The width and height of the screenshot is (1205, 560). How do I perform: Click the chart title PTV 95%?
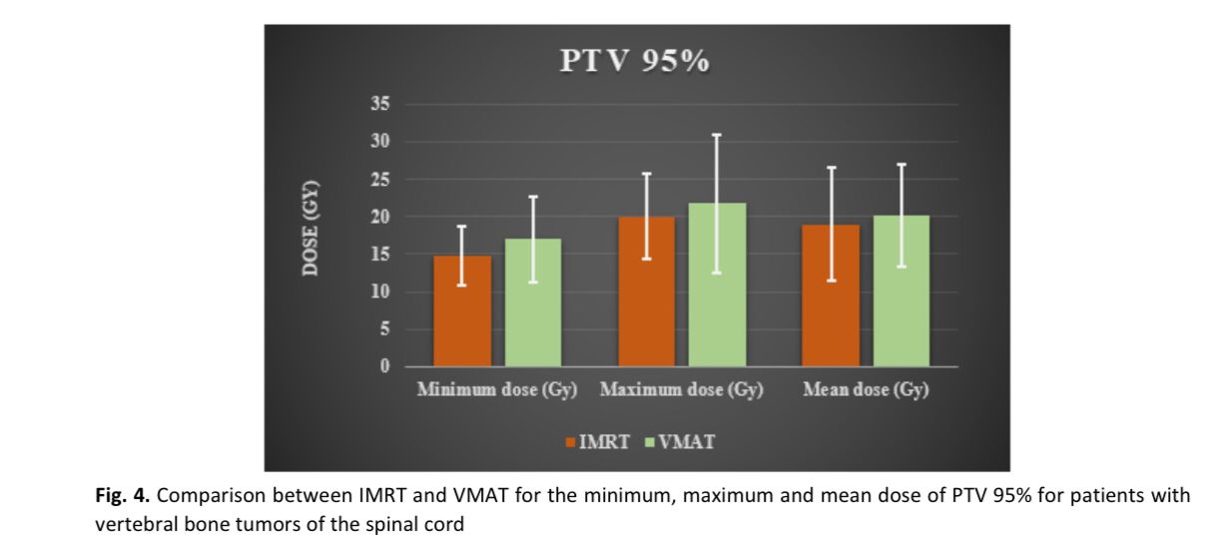(x=635, y=62)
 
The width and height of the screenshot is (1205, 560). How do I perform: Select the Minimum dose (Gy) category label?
(x=497, y=390)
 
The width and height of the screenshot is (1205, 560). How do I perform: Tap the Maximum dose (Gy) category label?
(x=682, y=390)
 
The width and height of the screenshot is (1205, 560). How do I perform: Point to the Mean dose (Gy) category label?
(x=867, y=390)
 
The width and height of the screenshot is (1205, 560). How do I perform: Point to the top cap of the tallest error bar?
(x=718, y=135)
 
